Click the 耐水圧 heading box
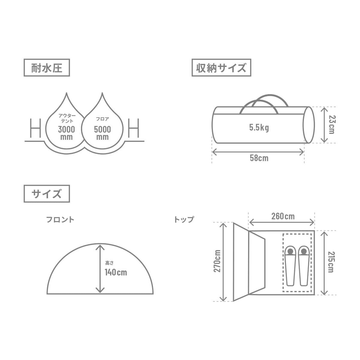tap(47, 68)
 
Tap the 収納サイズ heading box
tap(221, 68)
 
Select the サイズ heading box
tap(47, 194)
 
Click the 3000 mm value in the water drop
tap(66, 133)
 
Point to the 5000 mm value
tap(102, 133)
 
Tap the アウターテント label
tap(67, 118)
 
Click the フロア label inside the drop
tap(102, 119)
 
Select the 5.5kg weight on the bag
tap(259, 128)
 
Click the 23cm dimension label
tap(332, 125)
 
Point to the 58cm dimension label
tap(259, 158)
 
